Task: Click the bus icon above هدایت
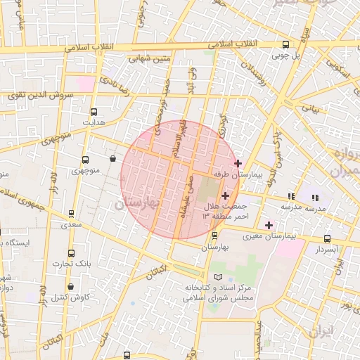94,111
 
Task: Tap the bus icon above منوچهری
86,160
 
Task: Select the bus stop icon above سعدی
71,214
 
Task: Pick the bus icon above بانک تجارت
71,253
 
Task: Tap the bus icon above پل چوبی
285,43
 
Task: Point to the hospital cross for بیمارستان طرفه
238,162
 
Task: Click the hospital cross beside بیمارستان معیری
269,225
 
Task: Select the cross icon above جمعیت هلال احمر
225,195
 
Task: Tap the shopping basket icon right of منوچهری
112,159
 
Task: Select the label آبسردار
327,249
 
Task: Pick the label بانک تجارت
72,264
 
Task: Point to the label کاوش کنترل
69,297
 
